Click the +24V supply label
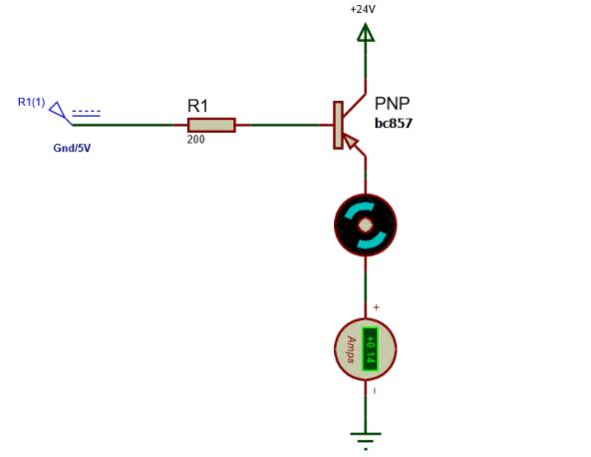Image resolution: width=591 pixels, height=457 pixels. tap(363, 9)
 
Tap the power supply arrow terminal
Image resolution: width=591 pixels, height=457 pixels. tap(365, 33)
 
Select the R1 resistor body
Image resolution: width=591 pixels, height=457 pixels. tap(211, 125)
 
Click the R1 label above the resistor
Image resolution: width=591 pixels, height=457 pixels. tap(198, 106)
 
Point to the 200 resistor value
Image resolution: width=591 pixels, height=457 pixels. tap(196, 140)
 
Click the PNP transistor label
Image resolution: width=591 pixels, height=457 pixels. tap(392, 104)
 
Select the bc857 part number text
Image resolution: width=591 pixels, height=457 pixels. tap(394, 123)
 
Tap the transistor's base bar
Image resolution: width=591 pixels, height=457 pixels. tap(338, 125)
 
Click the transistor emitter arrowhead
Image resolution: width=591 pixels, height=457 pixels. tap(351, 142)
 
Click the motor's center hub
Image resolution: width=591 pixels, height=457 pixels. tap(365, 226)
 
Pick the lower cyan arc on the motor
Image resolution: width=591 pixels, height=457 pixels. tap(371, 240)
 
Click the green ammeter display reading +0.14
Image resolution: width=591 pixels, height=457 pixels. tap(370, 349)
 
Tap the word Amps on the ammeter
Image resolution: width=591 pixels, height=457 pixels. tap(351, 349)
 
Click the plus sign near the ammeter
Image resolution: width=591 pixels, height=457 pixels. tap(376, 307)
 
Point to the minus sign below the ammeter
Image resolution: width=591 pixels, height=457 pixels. tap(375, 391)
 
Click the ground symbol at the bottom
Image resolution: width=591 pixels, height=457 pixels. tap(365, 441)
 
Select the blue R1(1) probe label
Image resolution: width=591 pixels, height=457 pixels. tap(31, 102)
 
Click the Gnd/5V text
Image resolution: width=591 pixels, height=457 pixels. tap(72, 148)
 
